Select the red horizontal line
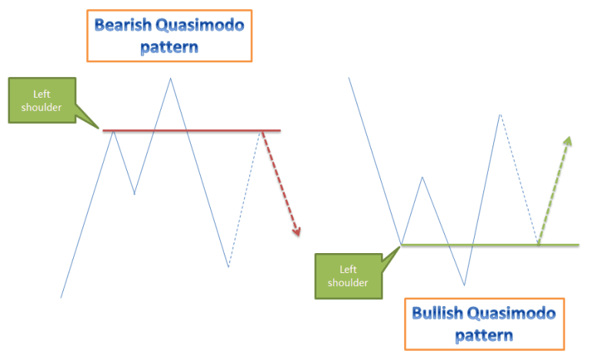pos(192,131)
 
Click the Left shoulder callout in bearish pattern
pos(42,101)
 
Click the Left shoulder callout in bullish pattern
pos(343,275)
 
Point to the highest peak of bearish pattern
pos(170,78)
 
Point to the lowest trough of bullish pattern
pos(464,285)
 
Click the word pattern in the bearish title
pos(169,47)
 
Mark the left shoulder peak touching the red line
pos(114,132)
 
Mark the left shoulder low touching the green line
pos(402,245)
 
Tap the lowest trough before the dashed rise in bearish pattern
pos(229,267)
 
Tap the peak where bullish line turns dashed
pos(500,114)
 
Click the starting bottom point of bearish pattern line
pos(61,297)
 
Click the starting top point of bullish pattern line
pos(349,78)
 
